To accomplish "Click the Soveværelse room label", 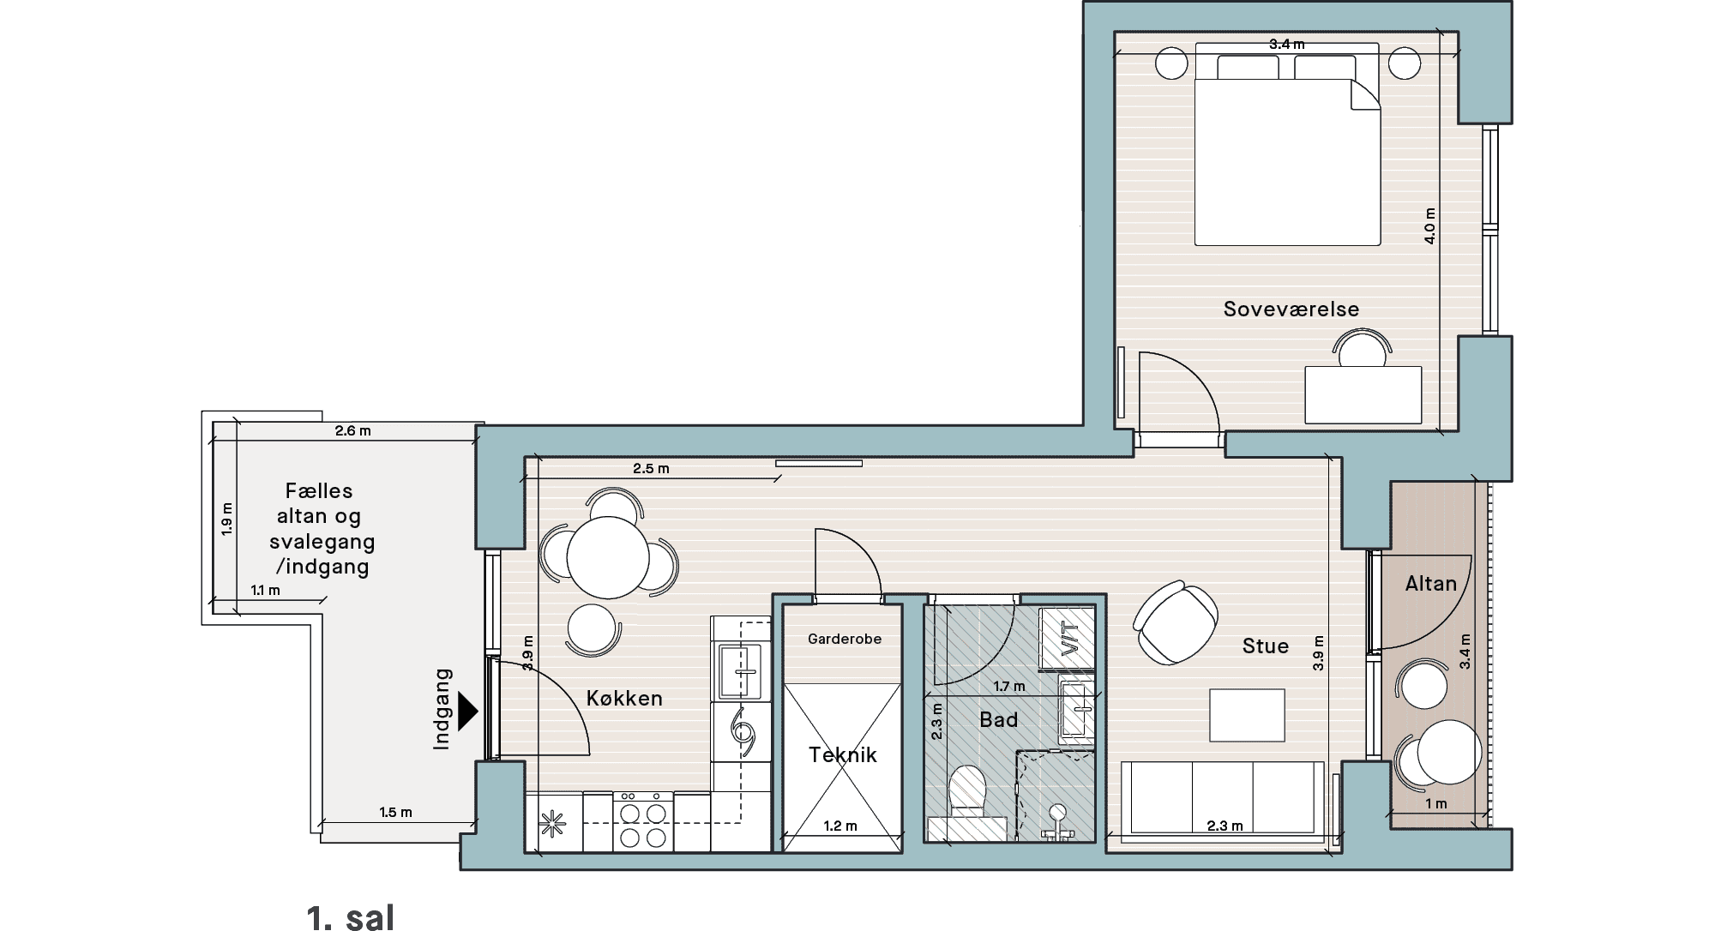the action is pos(1291,309).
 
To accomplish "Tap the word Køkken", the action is pos(624,698).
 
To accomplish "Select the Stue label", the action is pos(1266,646).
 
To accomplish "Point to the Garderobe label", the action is pos(845,639).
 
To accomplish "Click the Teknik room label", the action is pos(843,754).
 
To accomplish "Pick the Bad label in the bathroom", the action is pos(999,719).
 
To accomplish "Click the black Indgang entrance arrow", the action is pos(468,711).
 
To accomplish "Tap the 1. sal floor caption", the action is pos(351,917).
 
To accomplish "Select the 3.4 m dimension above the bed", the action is pos(1286,44).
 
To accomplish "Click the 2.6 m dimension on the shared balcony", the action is pos(353,430).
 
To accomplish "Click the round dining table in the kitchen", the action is pos(608,557).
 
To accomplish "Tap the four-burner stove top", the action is pos(643,821).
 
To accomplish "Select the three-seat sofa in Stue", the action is pos(1223,798).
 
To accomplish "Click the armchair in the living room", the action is pos(1176,622).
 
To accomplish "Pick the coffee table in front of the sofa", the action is pos(1248,715).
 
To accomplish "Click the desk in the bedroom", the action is pos(1363,394).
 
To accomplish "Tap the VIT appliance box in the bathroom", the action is pos(1068,639).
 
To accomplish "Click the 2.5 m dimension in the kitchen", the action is pos(651,469).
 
